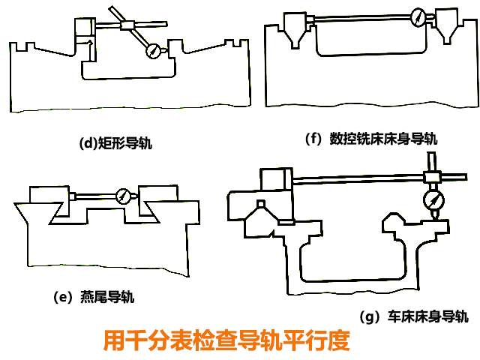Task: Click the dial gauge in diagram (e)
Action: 121,196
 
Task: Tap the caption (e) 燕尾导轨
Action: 94,296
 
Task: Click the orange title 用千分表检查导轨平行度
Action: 226,340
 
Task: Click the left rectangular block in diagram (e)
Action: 50,196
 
